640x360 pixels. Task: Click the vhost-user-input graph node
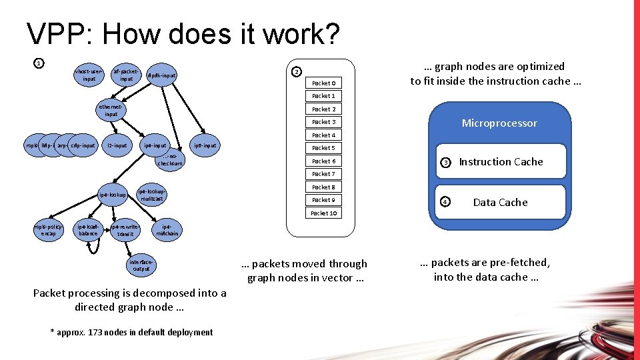pyautogui.click(x=89, y=75)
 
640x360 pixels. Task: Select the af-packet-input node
pyautogui.click(x=126, y=75)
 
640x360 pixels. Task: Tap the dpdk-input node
pyautogui.click(x=161, y=75)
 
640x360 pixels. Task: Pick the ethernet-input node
pyautogui.click(x=111, y=110)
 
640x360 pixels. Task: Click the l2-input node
pyautogui.click(x=117, y=145)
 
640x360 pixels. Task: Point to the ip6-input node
pyautogui.click(x=205, y=145)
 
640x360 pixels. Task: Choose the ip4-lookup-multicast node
pyautogui.click(x=151, y=195)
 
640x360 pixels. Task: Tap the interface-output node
pyautogui.click(x=141, y=265)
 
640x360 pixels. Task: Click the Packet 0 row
pyautogui.click(x=323, y=83)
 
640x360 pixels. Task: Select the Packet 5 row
pyautogui.click(x=323, y=148)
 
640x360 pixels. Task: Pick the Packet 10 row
pyautogui.click(x=323, y=213)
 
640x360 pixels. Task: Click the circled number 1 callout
pyautogui.click(x=39, y=63)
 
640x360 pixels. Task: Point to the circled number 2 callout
pyautogui.click(x=297, y=72)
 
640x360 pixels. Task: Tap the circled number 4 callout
pyautogui.click(x=446, y=202)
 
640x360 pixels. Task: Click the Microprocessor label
pyautogui.click(x=499, y=123)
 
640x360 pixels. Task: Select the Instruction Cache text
pyautogui.click(x=501, y=162)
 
